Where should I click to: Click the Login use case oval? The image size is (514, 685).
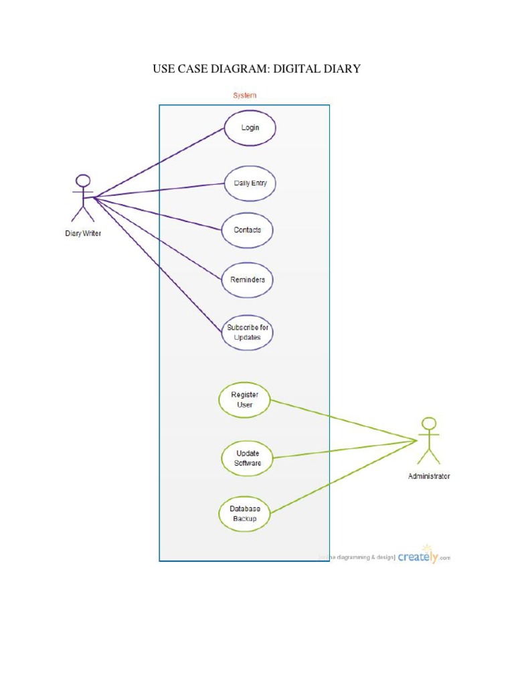pyautogui.click(x=250, y=128)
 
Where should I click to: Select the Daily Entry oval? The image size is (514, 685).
pyautogui.click(x=250, y=183)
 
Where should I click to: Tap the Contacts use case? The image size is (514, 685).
pyautogui.click(x=247, y=230)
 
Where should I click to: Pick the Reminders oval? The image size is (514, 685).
pyautogui.click(x=247, y=280)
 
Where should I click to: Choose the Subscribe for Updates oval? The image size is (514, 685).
pyautogui.click(x=247, y=332)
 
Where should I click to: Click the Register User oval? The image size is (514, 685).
pyautogui.click(x=244, y=399)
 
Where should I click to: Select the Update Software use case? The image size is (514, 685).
pyautogui.click(x=247, y=458)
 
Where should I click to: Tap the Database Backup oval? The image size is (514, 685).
pyautogui.click(x=244, y=513)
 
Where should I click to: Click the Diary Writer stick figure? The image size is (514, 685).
pyautogui.click(x=83, y=198)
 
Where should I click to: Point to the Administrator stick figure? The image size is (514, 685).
pyautogui.click(x=429, y=441)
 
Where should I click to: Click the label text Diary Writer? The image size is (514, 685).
pyautogui.click(x=83, y=233)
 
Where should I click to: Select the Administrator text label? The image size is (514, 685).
pyautogui.click(x=429, y=476)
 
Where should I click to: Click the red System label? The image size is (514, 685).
pyautogui.click(x=244, y=95)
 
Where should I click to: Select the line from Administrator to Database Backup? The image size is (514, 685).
pyautogui.click(x=341, y=477)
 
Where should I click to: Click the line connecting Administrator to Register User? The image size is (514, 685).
pyautogui.click(x=341, y=420)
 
